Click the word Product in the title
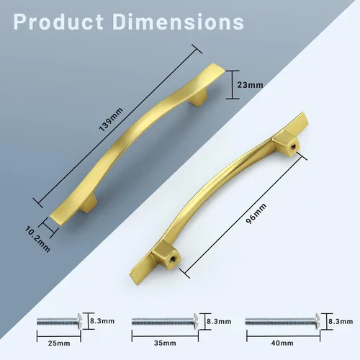(x=58, y=22)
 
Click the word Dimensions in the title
(x=178, y=22)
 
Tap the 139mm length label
(x=111, y=120)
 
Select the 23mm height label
(x=250, y=85)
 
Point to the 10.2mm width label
(x=37, y=239)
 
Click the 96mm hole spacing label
(x=256, y=214)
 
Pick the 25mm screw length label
(x=59, y=343)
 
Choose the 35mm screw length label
(x=165, y=343)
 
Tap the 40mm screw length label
(x=282, y=343)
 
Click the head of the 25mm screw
(x=79, y=321)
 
